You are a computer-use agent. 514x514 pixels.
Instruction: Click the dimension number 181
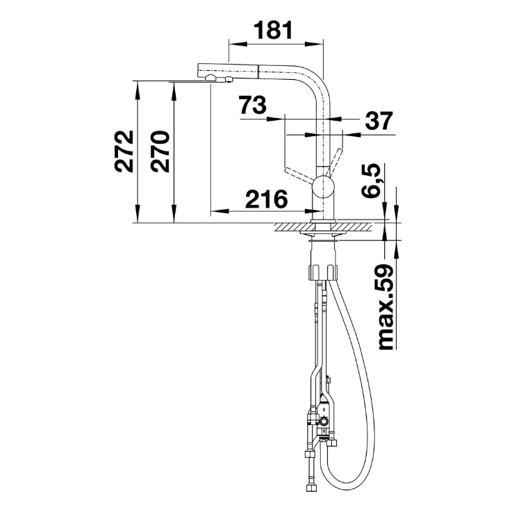click(x=273, y=30)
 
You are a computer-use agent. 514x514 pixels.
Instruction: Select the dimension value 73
click(x=252, y=105)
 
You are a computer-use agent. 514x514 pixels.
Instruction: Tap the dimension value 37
click(x=379, y=121)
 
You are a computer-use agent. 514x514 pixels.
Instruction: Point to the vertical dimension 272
click(x=124, y=151)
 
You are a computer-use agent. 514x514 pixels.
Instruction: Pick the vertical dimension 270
click(x=160, y=151)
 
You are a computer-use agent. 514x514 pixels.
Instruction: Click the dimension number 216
click(x=266, y=199)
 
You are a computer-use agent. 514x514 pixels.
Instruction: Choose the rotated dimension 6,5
click(x=371, y=181)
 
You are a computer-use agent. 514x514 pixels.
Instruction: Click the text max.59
click(x=385, y=307)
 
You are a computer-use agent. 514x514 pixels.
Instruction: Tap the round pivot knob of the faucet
click(x=323, y=185)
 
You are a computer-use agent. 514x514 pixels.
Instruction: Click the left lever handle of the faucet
click(x=299, y=174)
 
